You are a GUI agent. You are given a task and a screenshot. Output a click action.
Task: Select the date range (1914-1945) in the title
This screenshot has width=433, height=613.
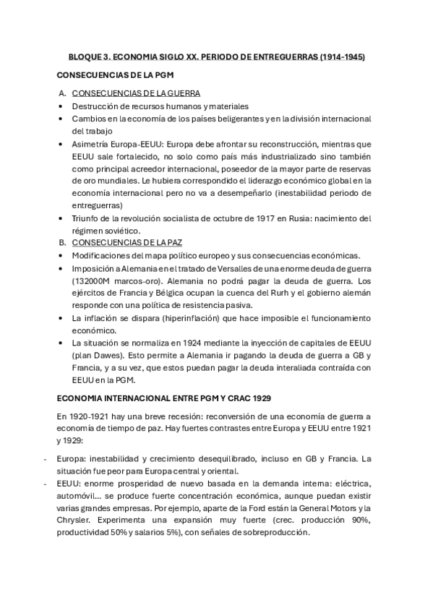pos(339,56)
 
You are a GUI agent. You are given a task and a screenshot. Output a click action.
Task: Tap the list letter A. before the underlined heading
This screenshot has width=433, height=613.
pos(62,93)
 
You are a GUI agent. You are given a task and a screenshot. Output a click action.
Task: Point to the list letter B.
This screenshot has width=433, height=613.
pos(62,243)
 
